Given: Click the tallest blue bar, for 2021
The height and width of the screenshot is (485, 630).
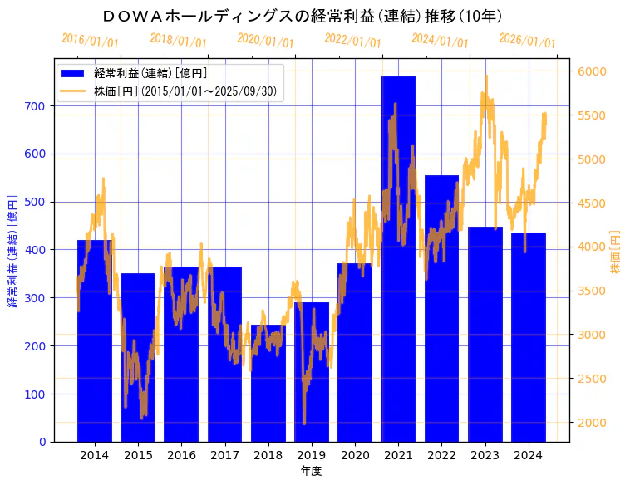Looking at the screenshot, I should click(x=398, y=266).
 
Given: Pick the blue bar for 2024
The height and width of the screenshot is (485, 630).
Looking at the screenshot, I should click(x=529, y=340).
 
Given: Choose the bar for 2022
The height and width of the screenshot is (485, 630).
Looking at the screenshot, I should click(x=441, y=316).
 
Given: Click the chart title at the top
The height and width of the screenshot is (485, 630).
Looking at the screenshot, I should click(x=303, y=16).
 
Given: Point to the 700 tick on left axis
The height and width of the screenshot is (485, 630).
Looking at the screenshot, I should click(x=40, y=106).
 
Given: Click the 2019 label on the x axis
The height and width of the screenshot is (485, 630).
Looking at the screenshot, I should click(x=311, y=455).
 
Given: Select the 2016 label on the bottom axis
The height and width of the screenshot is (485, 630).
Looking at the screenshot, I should click(x=181, y=455).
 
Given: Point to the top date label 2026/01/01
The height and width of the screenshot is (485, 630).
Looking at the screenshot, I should click(x=527, y=41).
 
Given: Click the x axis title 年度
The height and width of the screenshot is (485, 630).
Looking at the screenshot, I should click(x=311, y=471).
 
